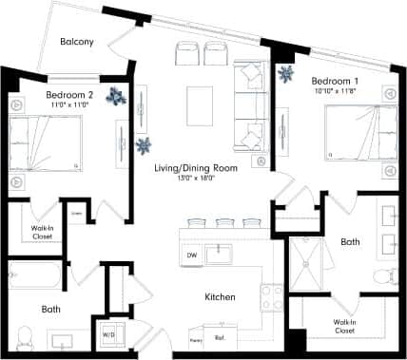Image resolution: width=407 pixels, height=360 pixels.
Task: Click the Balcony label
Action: click(77, 42)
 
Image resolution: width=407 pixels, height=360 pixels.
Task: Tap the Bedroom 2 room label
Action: click(69, 95)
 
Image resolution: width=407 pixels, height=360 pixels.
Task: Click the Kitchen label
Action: click(220, 297)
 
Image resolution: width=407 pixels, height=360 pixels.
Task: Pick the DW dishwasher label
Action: click(191, 255)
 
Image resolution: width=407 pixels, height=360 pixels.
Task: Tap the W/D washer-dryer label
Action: click(108, 334)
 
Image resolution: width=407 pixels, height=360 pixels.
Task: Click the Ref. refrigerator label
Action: click(220, 337)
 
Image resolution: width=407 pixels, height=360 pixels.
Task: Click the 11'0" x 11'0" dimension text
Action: click(68, 105)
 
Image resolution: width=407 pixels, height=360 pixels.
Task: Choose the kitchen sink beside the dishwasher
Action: click(220, 253)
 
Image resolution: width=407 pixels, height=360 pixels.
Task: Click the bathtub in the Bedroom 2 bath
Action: click(34, 278)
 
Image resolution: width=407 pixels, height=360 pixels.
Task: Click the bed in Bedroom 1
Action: click(357, 133)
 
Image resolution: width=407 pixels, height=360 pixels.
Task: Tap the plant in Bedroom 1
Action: click(284, 73)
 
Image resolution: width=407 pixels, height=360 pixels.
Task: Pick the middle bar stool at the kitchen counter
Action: click(224, 223)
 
